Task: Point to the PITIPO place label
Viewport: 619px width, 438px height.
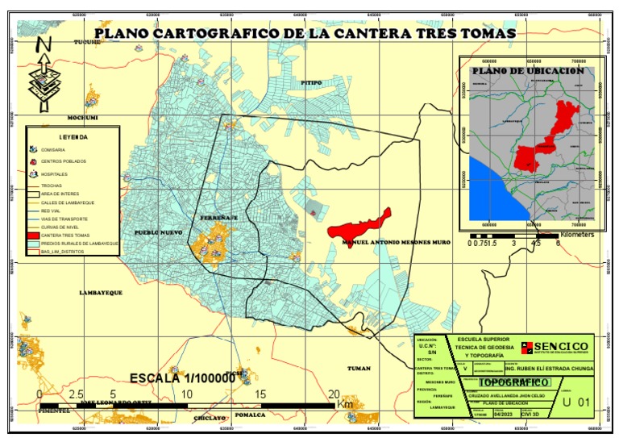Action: click(x=311, y=82)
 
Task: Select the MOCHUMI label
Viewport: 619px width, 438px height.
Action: click(x=82, y=118)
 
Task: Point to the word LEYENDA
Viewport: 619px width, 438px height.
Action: click(x=73, y=137)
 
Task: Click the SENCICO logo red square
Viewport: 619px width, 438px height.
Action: click(x=523, y=346)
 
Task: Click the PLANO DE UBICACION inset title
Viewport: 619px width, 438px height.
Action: click(x=528, y=71)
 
